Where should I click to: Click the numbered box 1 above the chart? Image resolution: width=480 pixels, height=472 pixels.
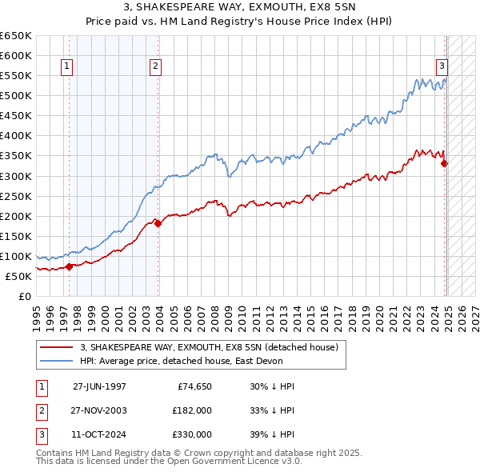[x=66, y=67]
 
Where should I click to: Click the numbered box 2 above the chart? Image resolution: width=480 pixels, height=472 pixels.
[x=155, y=67]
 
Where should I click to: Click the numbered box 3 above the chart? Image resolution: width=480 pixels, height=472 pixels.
[x=441, y=67]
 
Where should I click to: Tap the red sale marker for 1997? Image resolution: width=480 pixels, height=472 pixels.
[x=69, y=266]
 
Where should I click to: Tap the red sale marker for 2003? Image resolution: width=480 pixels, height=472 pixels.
[x=158, y=223]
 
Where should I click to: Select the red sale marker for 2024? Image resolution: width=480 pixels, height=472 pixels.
[x=445, y=163]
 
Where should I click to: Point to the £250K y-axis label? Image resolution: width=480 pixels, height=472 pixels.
[x=17, y=196]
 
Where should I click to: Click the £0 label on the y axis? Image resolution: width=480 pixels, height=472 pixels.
[x=26, y=296]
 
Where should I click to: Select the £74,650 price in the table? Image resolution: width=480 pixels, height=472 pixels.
[x=192, y=386]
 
